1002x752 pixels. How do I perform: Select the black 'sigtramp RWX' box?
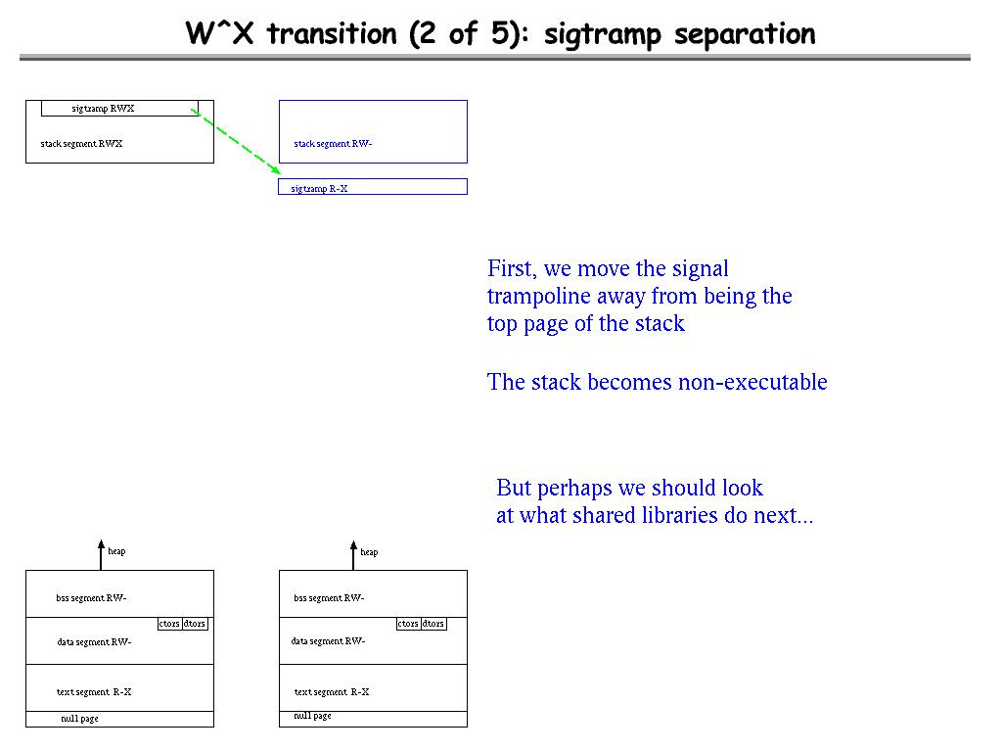119,109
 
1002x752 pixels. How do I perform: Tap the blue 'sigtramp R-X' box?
373,187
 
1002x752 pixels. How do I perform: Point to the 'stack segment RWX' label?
81,144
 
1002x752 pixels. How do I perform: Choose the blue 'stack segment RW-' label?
333,144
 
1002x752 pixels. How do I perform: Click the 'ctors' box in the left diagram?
169,624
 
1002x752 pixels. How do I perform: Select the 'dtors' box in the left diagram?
195,624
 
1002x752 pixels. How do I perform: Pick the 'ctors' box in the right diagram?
408,624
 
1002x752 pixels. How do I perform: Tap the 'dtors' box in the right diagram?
433,624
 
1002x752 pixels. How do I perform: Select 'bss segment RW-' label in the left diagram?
91,598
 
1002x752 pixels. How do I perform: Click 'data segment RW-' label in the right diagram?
328,641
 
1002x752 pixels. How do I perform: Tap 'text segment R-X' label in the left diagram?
94,692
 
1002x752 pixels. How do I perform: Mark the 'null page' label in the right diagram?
312,716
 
